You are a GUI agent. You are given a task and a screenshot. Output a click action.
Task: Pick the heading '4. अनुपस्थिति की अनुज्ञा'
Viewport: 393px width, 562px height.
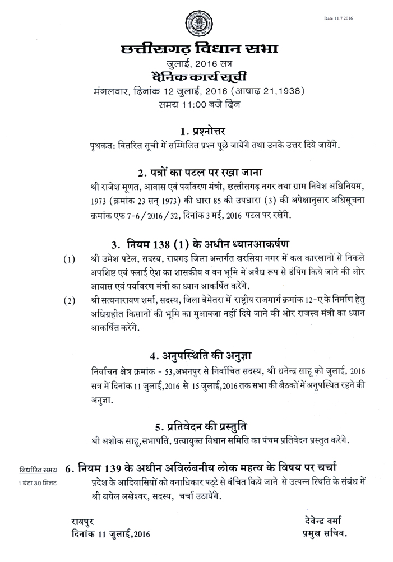pyautogui.click(x=197, y=355)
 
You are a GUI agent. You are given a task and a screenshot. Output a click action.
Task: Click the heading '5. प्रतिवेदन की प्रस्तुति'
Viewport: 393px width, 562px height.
pyautogui.click(x=197, y=424)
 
